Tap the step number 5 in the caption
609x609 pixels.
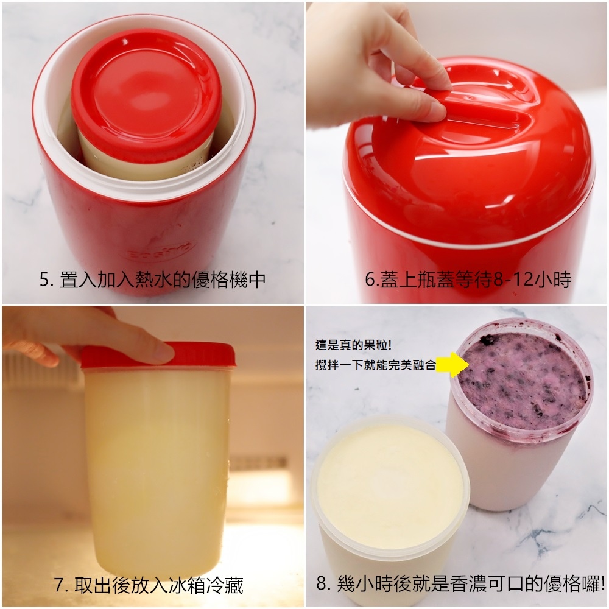point(44,280)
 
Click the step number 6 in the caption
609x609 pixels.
point(370,280)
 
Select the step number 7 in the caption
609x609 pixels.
point(58,585)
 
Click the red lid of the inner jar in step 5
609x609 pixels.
point(146,91)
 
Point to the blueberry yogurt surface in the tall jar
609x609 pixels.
point(522,380)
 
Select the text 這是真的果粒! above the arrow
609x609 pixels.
point(353,345)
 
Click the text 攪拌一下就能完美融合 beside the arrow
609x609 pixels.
point(375,365)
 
